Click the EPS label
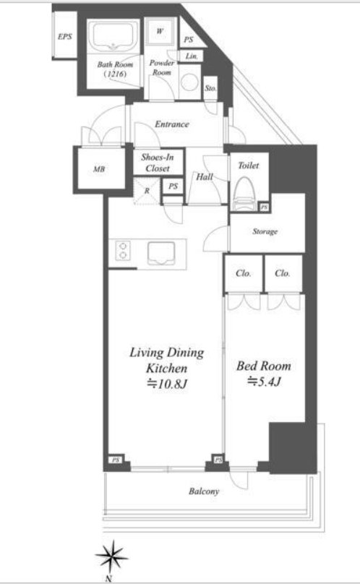[x=65, y=36]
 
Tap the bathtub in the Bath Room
[x=113, y=38]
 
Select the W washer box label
[x=160, y=31]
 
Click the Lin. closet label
[x=192, y=56]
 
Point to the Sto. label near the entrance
[x=210, y=88]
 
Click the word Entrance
[x=172, y=124]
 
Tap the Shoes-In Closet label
[x=158, y=163]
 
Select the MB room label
[x=99, y=169]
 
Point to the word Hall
[x=205, y=177]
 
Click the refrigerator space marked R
[x=147, y=191]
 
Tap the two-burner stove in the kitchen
[x=123, y=250]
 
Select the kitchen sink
[x=161, y=253]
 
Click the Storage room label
[x=265, y=232]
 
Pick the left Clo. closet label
[x=244, y=273]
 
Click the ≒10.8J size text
[x=166, y=384]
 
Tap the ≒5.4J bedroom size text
[x=263, y=382]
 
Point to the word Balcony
[x=204, y=491]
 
